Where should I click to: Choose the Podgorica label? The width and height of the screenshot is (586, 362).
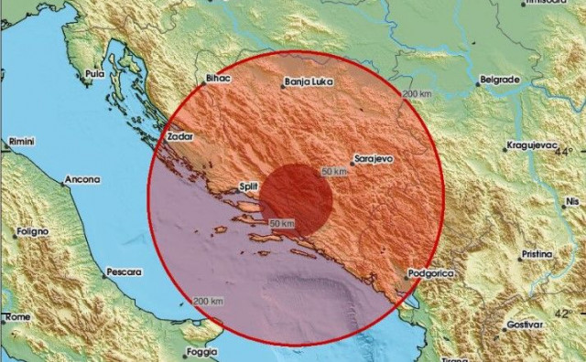pos(430,271)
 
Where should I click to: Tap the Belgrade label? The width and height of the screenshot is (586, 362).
pos(499,80)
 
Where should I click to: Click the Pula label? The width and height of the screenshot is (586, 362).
pos(94,73)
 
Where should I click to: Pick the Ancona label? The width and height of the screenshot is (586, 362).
pos(83,180)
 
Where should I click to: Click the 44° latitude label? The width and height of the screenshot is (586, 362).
pos(568,153)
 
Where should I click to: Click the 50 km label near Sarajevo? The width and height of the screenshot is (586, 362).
pos(335,171)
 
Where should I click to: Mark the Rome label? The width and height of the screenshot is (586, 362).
pos(18,316)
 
